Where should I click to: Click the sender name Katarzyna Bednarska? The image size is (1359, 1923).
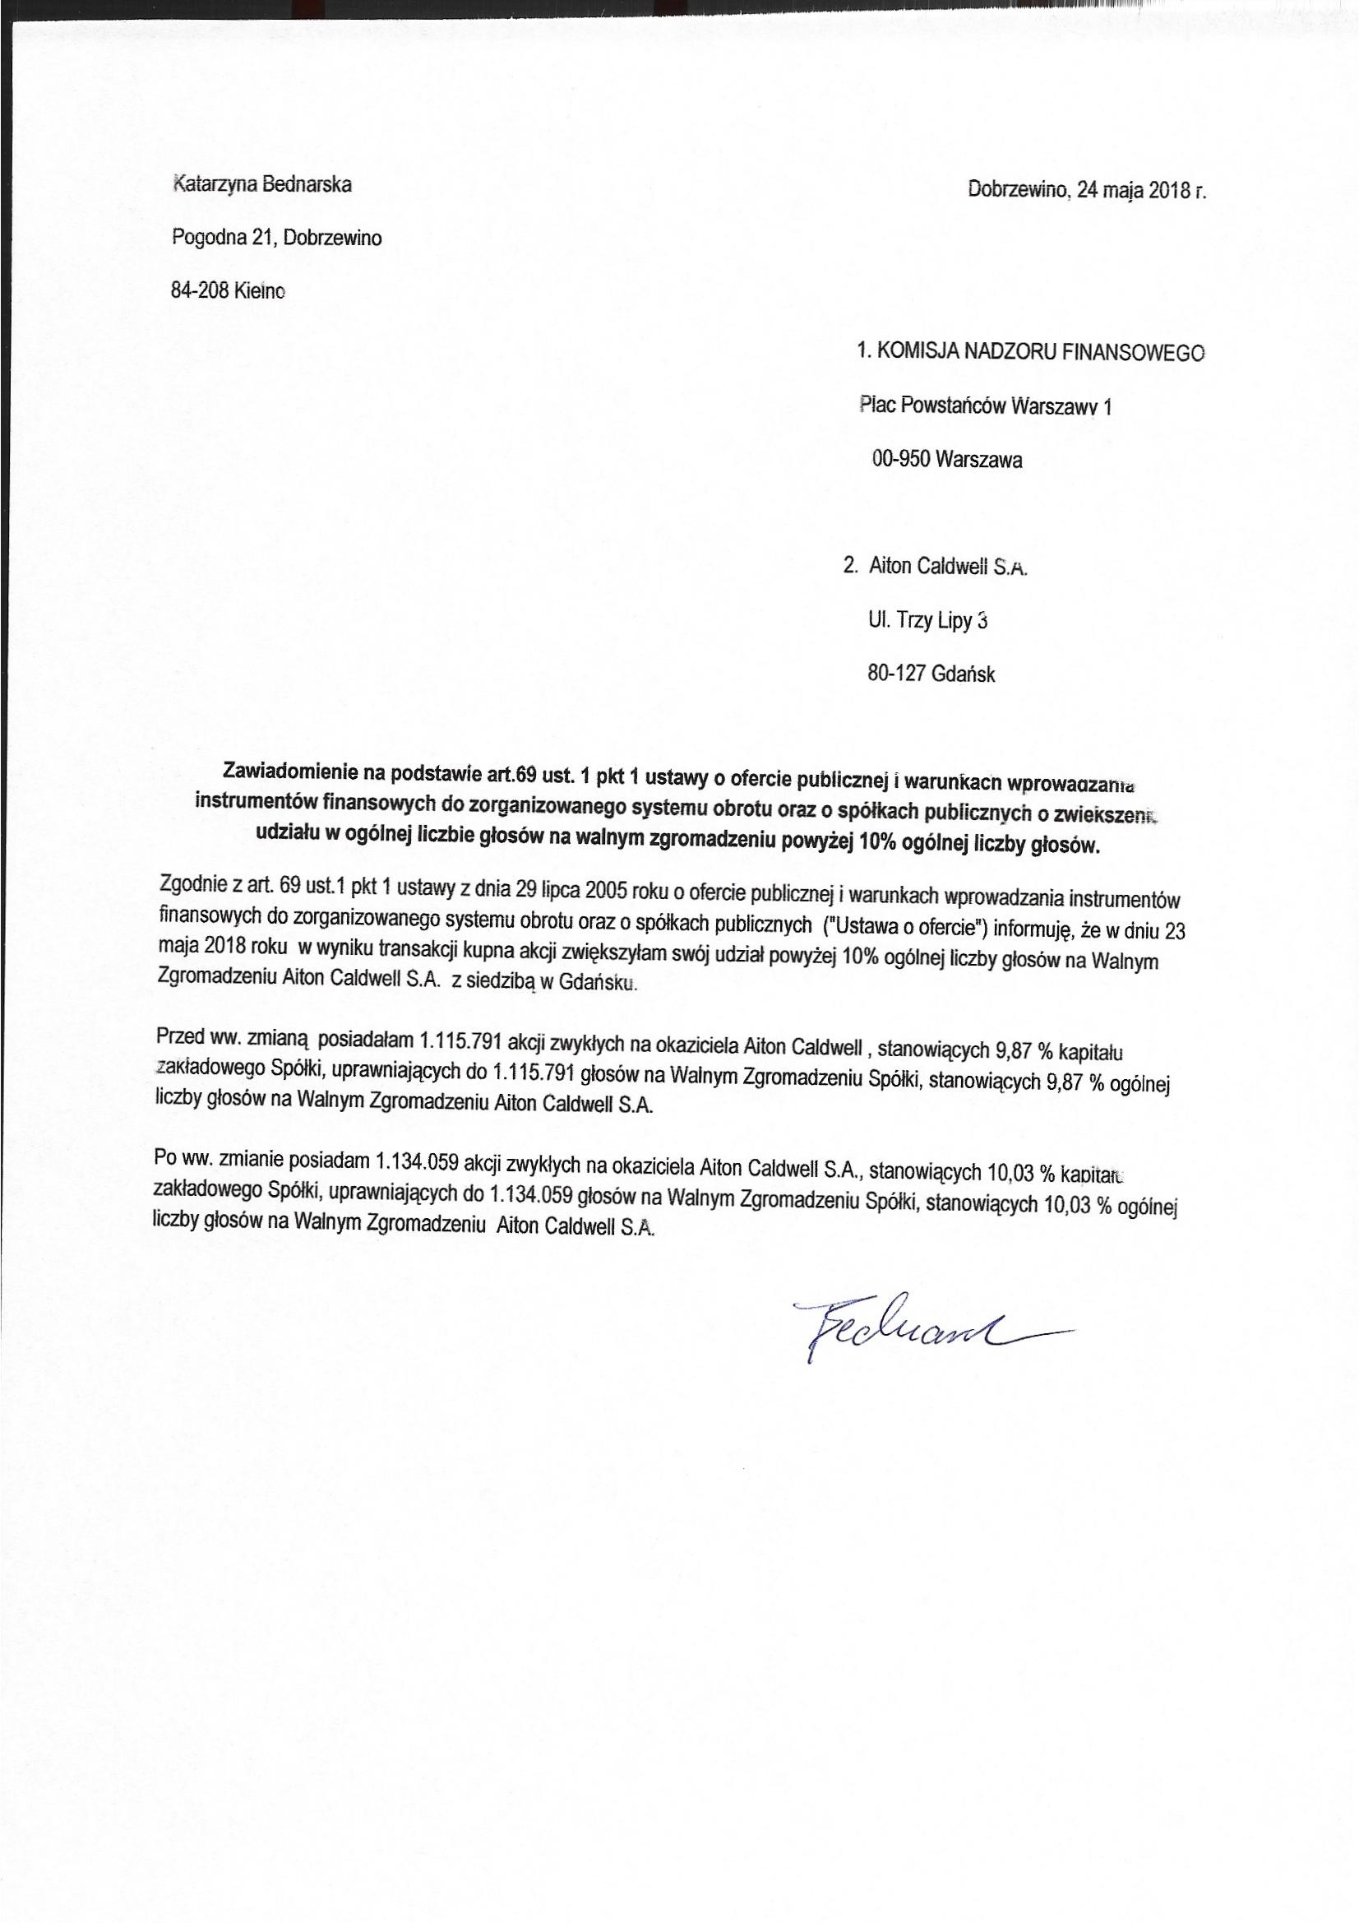(x=261, y=185)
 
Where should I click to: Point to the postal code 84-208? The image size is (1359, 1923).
(x=200, y=291)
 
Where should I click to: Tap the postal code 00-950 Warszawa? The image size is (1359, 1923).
(x=946, y=460)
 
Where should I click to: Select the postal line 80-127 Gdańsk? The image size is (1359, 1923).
(x=932, y=674)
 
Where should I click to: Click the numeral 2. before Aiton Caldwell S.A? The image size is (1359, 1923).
(x=851, y=567)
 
